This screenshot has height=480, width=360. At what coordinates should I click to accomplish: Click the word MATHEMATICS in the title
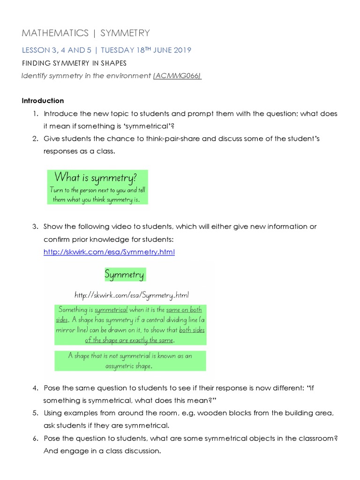(55, 33)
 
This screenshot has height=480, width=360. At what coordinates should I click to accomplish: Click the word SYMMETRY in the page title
(125, 33)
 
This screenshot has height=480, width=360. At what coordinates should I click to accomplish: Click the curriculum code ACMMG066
(178, 76)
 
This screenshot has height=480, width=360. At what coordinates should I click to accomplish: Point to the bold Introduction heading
(43, 101)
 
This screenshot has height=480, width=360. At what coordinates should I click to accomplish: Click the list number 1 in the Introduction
(35, 114)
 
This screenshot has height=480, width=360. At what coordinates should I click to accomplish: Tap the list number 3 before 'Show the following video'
(35, 227)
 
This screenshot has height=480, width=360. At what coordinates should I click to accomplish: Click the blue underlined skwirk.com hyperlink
(109, 252)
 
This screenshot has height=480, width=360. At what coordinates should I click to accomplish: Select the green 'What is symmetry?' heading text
(96, 177)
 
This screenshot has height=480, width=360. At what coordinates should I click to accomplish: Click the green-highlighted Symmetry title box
(124, 274)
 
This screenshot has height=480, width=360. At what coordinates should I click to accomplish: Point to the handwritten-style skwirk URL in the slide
(132, 295)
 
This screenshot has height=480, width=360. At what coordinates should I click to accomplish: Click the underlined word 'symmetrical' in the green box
(111, 310)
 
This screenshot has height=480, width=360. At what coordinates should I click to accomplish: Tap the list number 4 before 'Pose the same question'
(35, 388)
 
